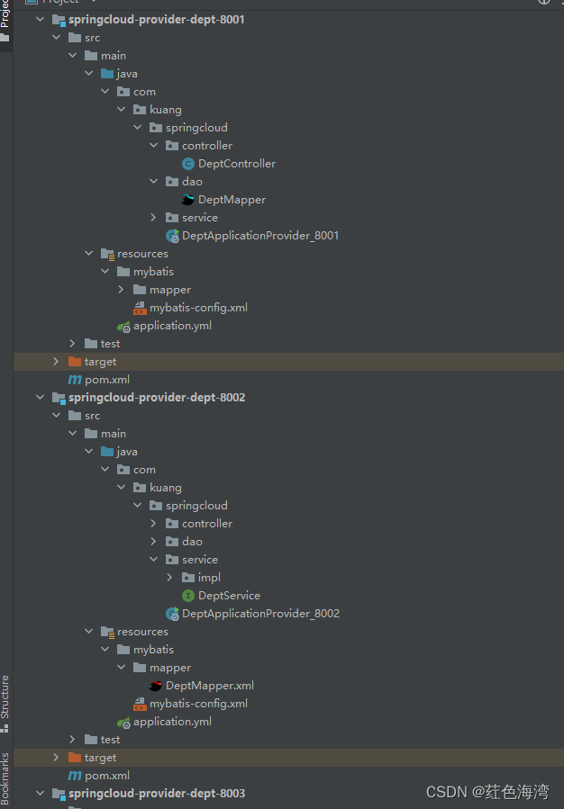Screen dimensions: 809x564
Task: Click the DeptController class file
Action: point(236,164)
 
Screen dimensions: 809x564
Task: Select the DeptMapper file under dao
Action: point(232,200)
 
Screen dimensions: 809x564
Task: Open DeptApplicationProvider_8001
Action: point(259,236)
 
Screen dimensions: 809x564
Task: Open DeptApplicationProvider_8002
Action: point(259,614)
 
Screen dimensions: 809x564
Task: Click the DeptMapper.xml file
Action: point(209,686)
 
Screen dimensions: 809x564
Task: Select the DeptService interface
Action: point(229,596)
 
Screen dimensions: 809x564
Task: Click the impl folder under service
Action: point(209,578)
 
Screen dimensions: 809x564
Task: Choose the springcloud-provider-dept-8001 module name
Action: point(156,19)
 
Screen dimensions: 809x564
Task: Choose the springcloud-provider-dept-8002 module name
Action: point(156,397)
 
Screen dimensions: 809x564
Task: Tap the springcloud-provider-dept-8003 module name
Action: point(156,793)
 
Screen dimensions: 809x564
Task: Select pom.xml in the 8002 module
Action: point(106,776)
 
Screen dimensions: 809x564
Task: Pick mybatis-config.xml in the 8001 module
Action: point(198,308)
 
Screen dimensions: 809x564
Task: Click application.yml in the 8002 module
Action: point(172,722)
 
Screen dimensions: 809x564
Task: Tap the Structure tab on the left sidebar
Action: point(5,697)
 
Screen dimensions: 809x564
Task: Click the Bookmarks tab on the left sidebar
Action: point(5,778)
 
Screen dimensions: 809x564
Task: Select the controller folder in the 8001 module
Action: point(206,146)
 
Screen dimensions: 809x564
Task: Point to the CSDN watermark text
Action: point(487,792)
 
